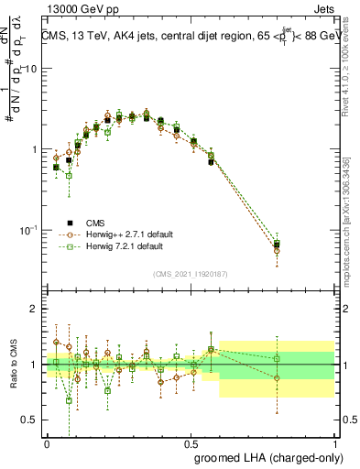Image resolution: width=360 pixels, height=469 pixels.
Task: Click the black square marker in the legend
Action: pos(70,222)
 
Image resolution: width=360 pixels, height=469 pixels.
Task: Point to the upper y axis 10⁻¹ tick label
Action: pos(30,230)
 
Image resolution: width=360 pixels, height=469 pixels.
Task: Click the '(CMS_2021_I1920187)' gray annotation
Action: pos(191,274)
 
